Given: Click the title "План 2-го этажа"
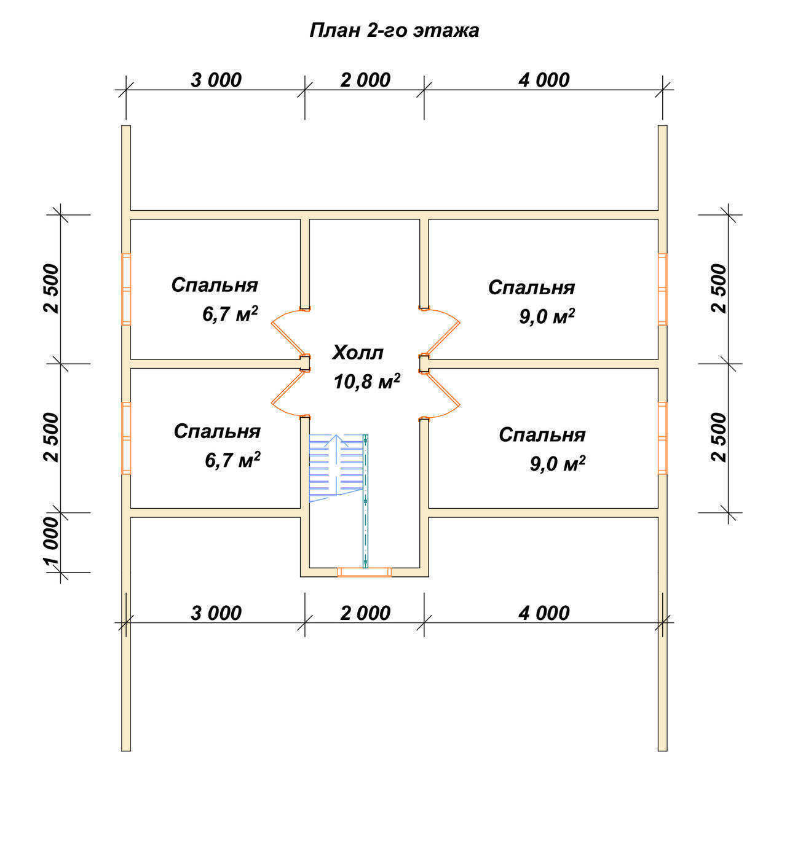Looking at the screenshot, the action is click(394, 30).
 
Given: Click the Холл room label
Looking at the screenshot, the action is click(358, 352).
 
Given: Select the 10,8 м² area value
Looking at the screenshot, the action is click(366, 381).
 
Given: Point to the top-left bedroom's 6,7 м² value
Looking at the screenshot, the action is click(230, 313).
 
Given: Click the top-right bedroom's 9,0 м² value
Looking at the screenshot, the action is click(547, 316).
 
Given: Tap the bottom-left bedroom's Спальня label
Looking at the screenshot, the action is click(217, 431).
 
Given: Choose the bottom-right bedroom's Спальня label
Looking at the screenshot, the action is click(542, 434).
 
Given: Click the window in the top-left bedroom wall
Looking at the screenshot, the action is click(126, 289).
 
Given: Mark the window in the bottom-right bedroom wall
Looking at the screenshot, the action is click(662, 438).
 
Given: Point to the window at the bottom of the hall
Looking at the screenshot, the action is click(365, 572).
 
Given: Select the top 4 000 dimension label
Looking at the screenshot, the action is click(544, 80).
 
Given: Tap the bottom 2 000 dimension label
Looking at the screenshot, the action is click(365, 613).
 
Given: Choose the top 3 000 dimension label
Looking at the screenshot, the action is click(216, 80).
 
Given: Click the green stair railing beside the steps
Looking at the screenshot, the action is click(365, 501).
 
